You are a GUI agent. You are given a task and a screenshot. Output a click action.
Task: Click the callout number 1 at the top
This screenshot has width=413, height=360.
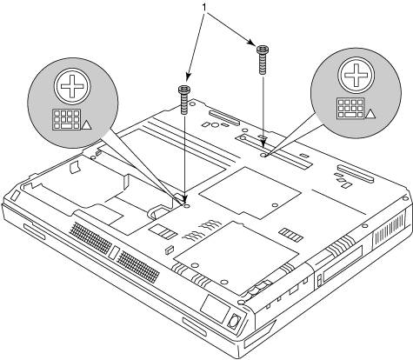[x=205, y=8]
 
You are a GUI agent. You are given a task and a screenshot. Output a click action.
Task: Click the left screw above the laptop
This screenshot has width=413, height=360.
[x=183, y=100]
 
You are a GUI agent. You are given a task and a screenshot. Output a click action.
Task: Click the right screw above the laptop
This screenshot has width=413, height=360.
[x=262, y=59]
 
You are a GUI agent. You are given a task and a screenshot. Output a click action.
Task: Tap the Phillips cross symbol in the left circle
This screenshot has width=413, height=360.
[x=72, y=86]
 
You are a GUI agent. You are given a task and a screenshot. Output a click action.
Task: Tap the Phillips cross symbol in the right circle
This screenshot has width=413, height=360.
[x=356, y=75]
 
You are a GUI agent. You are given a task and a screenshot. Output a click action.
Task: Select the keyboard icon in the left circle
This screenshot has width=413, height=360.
[x=67, y=119]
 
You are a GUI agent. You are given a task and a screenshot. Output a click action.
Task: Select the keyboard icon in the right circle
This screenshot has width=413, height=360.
[x=350, y=108]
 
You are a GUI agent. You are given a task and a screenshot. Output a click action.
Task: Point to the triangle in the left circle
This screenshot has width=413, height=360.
[x=87, y=125]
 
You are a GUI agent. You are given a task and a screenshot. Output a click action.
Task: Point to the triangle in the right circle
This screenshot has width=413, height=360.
[x=370, y=114]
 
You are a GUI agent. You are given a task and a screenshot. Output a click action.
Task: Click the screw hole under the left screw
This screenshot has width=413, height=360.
[x=187, y=205]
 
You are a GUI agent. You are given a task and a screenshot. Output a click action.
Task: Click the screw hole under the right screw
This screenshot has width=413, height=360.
[x=263, y=156]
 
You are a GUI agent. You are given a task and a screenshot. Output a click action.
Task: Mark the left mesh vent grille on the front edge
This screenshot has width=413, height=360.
[x=90, y=238]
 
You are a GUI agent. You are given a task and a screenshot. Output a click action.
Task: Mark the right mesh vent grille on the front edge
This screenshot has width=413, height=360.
[x=138, y=267]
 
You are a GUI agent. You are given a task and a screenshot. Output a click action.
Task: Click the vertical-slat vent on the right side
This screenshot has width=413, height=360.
[x=390, y=229]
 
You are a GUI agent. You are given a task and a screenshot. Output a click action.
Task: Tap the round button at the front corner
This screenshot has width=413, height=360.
[x=233, y=322]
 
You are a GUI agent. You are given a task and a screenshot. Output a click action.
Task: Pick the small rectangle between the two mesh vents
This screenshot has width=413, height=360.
[x=114, y=253]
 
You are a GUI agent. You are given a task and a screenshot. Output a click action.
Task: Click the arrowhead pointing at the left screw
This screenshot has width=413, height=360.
[x=188, y=77]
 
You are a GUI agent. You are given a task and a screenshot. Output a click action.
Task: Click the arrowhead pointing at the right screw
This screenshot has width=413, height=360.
[x=251, y=42]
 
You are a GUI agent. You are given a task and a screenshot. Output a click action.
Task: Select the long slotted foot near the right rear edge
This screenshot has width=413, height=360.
[x=355, y=173]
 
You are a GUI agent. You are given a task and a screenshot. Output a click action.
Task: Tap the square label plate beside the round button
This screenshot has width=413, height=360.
[x=215, y=308]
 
